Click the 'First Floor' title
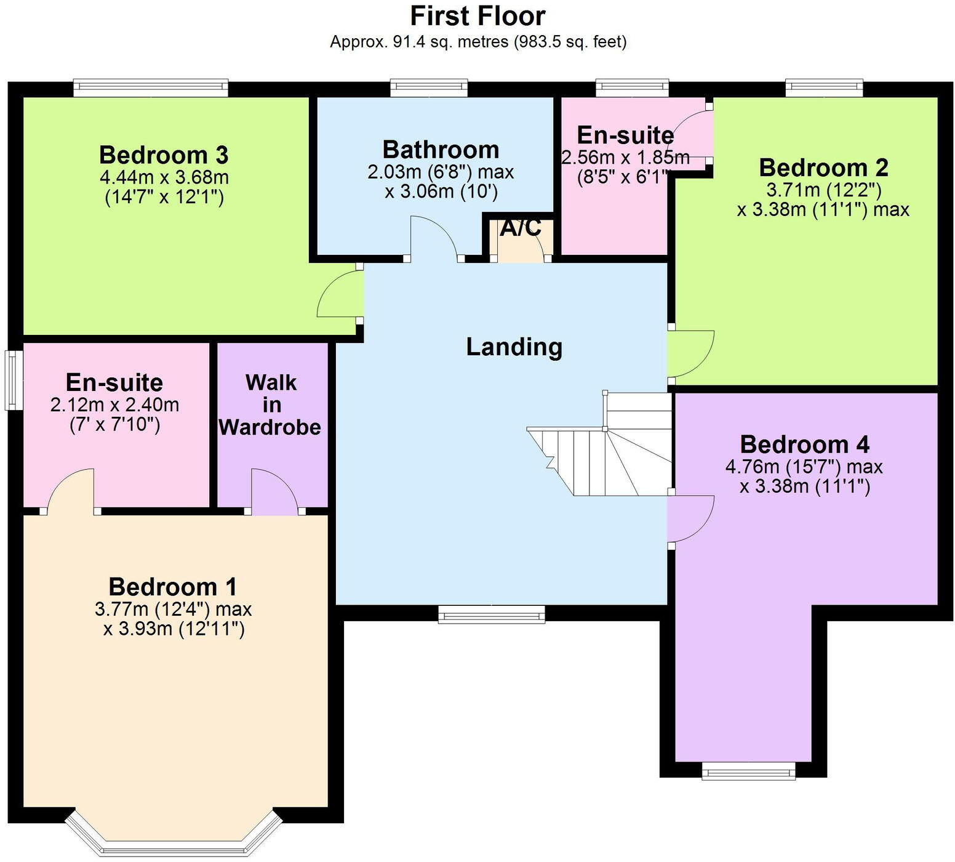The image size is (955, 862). pyautogui.click(x=477, y=16)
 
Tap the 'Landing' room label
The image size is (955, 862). pyautogui.click(x=514, y=347)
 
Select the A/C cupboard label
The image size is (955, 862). pyautogui.click(x=521, y=228)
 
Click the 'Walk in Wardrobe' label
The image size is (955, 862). pyautogui.click(x=271, y=405)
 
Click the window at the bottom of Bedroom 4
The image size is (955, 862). pyautogui.click(x=748, y=770)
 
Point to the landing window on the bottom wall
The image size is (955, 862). pyautogui.click(x=491, y=614)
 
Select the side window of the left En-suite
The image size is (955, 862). pyautogui.click(x=12, y=380)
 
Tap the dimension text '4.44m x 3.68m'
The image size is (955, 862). pyautogui.click(x=164, y=177)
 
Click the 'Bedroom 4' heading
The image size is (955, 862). pyautogui.click(x=804, y=444)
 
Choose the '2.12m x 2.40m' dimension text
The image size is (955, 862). pyautogui.click(x=114, y=405)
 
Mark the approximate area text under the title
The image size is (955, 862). pyautogui.click(x=477, y=42)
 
